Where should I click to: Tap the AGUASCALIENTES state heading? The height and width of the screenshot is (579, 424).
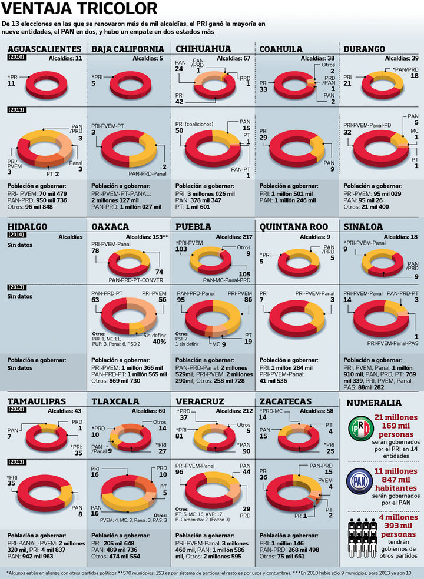44,49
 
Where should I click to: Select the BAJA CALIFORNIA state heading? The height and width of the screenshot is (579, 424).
128,49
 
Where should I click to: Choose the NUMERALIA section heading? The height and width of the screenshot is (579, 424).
375,404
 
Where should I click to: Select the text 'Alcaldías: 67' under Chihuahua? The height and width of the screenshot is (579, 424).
234,59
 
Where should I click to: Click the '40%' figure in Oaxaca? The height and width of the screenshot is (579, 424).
159,342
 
